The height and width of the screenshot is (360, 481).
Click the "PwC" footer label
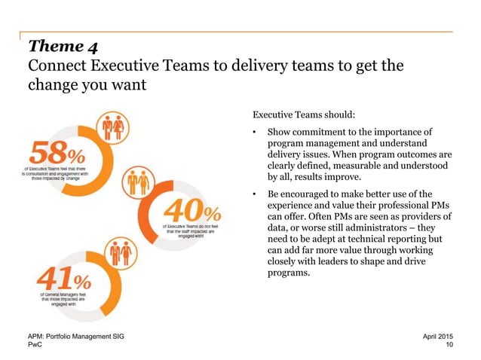point(35,345)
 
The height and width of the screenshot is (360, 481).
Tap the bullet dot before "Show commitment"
point(256,136)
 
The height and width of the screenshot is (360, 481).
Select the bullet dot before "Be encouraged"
point(256,194)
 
